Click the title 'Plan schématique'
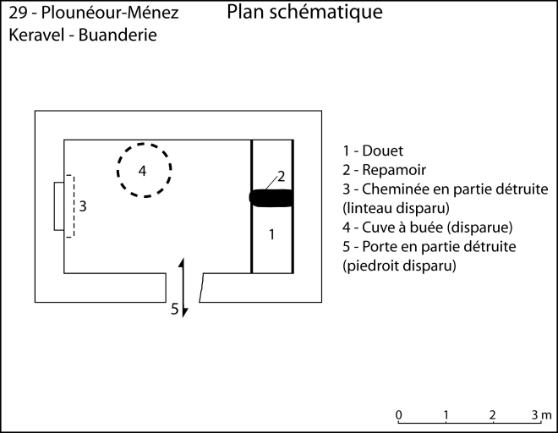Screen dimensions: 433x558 click(x=304, y=13)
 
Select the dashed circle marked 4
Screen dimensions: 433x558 click(x=144, y=170)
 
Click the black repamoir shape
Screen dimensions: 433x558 click(x=271, y=198)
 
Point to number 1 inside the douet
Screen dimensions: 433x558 click(x=272, y=234)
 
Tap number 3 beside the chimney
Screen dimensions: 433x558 click(x=82, y=205)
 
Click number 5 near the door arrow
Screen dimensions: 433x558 click(x=175, y=309)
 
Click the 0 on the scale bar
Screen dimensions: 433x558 click(x=398, y=414)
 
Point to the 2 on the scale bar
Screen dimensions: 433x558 click(x=492, y=414)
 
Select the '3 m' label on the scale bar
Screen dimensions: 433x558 click(x=541, y=414)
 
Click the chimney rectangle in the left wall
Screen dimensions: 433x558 click(x=59, y=205)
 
